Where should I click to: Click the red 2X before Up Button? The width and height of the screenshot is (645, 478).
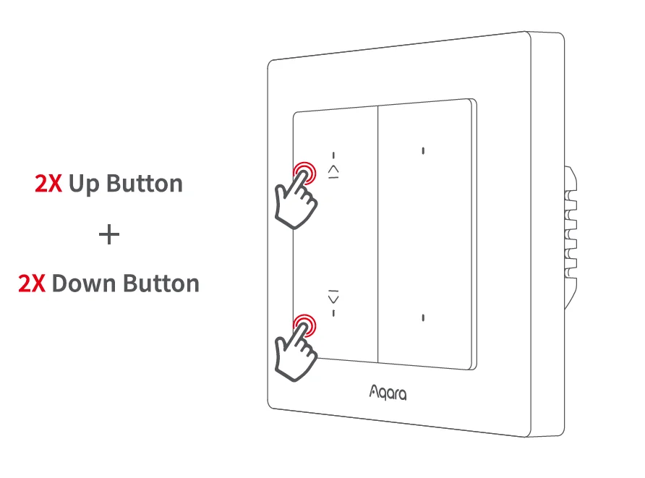point(49,184)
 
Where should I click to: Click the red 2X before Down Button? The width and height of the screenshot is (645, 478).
point(33,283)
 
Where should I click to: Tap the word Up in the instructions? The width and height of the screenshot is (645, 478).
point(85,184)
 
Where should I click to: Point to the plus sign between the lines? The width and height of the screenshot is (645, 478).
point(108,234)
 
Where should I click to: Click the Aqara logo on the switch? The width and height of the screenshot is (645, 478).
point(388,393)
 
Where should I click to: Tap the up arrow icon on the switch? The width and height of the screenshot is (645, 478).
point(333,171)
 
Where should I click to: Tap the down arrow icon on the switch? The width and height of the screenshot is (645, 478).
point(333,297)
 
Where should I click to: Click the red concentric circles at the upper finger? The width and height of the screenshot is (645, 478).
point(304,173)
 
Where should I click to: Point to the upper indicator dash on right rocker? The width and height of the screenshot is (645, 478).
point(423,151)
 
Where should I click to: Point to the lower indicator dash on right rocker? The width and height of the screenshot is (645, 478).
point(423,317)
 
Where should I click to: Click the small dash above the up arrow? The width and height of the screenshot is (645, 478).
point(333,155)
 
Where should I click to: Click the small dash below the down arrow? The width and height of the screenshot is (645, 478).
point(333,312)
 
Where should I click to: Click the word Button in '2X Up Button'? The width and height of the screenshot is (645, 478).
point(145,184)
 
